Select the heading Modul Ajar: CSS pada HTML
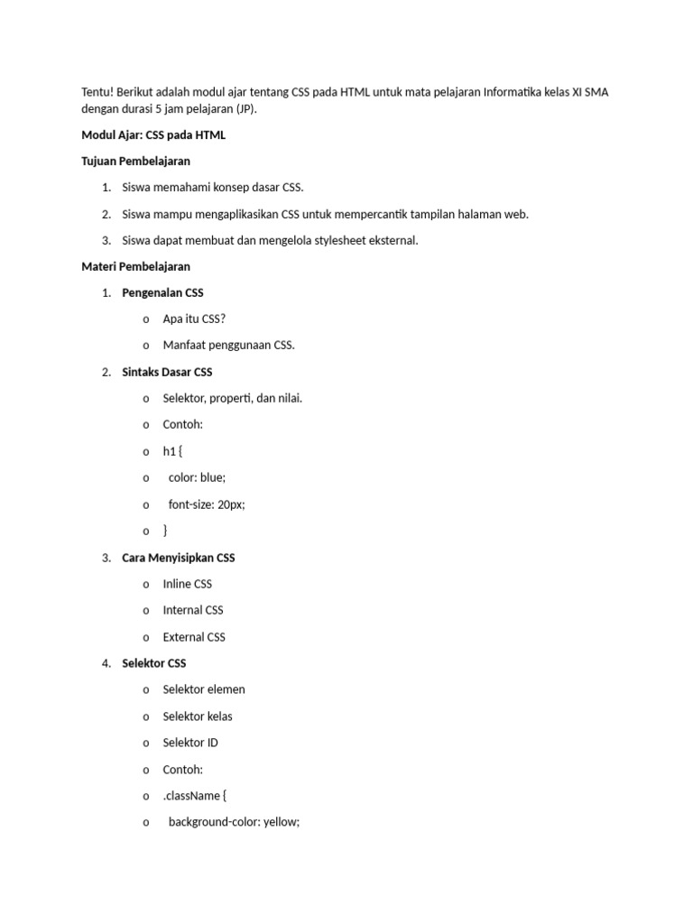pyautogui.click(x=153, y=135)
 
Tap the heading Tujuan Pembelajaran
pyautogui.click(x=135, y=162)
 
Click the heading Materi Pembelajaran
pyautogui.click(x=135, y=267)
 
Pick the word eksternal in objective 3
pyautogui.click(x=393, y=241)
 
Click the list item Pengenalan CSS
pyautogui.click(x=162, y=293)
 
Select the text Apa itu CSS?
pyautogui.click(x=194, y=319)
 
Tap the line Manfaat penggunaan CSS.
pyautogui.click(x=228, y=346)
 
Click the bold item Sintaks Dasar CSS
pyautogui.click(x=167, y=372)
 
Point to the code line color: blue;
pyautogui.click(x=197, y=478)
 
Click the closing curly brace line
pyautogui.click(x=165, y=531)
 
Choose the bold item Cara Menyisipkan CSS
pyautogui.click(x=178, y=558)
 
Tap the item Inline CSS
pyautogui.click(x=187, y=584)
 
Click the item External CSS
pyautogui.click(x=194, y=637)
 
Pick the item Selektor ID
pyautogui.click(x=190, y=743)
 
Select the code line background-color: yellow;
pyautogui.click(x=233, y=822)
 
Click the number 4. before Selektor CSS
pyautogui.click(x=106, y=663)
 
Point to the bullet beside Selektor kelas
pyautogui.click(x=146, y=716)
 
